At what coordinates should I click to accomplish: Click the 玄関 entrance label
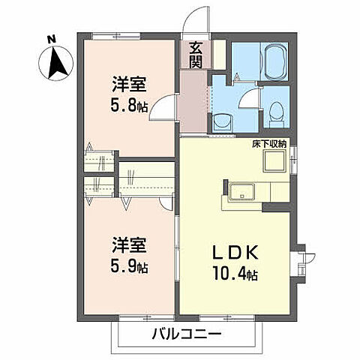(x=195, y=54)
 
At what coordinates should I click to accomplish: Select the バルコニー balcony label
(x=187, y=333)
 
